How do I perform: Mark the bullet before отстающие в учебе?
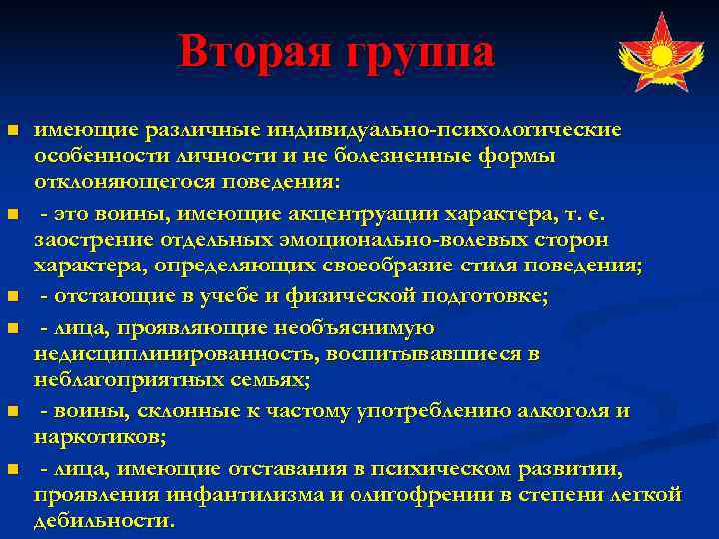[x=12, y=295]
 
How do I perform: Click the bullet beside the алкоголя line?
[x=12, y=411]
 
